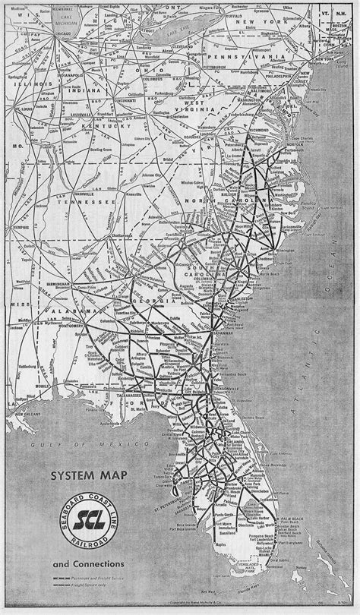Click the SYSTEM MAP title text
click(x=84, y=478)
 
